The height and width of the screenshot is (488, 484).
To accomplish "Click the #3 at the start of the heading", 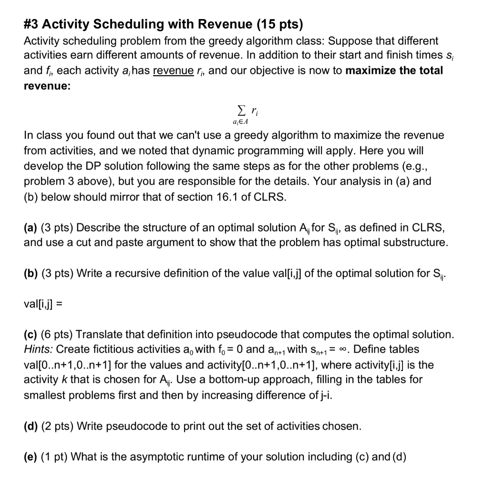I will tap(32, 24).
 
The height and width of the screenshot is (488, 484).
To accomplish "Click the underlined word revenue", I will tap(173, 71).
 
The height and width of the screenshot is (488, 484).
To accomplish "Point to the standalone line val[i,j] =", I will tap(43, 305).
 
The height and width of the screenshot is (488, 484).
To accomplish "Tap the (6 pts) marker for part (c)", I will tap(57, 334).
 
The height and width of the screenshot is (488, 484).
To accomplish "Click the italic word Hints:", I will tap(39, 349).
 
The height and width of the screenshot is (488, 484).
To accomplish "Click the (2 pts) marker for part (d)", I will tap(57, 426).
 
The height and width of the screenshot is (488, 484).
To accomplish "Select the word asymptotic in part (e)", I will tap(140, 457).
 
